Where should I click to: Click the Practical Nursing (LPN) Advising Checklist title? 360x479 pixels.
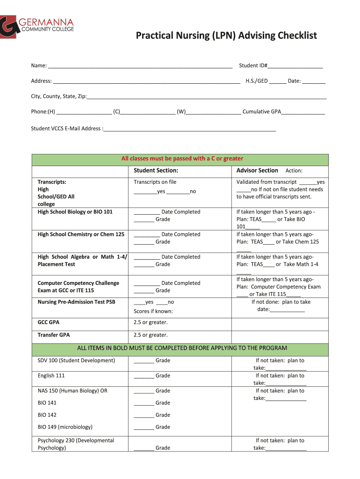pyautogui.click(x=226, y=36)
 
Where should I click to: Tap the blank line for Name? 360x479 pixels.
pyautogui.click(x=140, y=66)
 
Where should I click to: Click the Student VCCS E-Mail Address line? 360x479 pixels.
pyautogui.click(x=190, y=129)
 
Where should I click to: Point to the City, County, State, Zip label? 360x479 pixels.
pyautogui.click(x=59, y=96)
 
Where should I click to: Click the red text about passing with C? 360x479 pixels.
pyautogui.click(x=182, y=159)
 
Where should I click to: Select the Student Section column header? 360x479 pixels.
pyautogui.click(x=156, y=171)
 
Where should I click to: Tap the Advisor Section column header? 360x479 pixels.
pyautogui.click(x=257, y=171)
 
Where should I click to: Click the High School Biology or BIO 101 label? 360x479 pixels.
pyautogui.click(x=75, y=212)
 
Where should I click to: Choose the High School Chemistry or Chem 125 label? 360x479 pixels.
pyautogui.click(x=81, y=234)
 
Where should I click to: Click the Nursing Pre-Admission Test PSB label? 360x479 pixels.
pyautogui.click(x=76, y=302)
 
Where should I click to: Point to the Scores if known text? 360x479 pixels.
pyautogui.click(x=153, y=312)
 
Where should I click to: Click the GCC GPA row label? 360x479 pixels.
pyautogui.click(x=48, y=323)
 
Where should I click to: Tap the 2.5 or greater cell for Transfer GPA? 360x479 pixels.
pyautogui.click(x=151, y=335)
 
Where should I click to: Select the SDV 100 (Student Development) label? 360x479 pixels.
pyautogui.click(x=76, y=361)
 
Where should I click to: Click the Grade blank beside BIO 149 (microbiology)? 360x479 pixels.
pyautogui.click(x=144, y=428)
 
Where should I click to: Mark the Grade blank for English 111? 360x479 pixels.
pyautogui.click(x=144, y=376)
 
